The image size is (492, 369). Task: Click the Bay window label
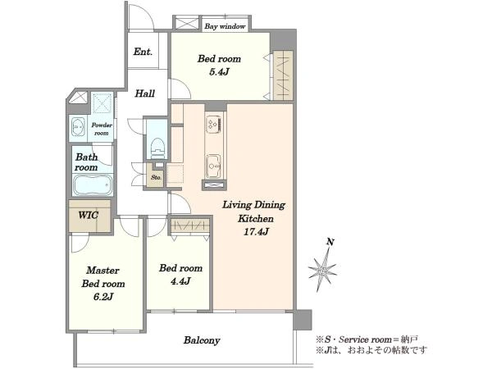coord(225,26)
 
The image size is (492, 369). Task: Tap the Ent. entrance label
coord(143,52)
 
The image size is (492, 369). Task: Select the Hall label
coord(145,93)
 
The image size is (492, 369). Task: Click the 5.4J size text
coord(219,72)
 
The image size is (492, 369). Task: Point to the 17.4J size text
coord(256,232)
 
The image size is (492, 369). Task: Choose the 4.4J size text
coord(180,281)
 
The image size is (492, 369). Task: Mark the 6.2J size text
coord(103,297)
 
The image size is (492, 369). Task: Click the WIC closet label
coord(89,215)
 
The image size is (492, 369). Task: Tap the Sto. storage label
coord(157,177)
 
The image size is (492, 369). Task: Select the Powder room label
coord(102,129)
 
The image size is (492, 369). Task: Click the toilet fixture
coord(157,148)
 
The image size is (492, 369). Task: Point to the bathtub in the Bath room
coord(93,185)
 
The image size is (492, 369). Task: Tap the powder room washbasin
coord(78,127)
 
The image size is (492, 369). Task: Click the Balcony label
coord(202,340)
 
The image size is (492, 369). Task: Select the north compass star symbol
coord(322,270)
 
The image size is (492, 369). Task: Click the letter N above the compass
coord(330,242)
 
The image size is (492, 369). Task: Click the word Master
coord(102,270)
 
